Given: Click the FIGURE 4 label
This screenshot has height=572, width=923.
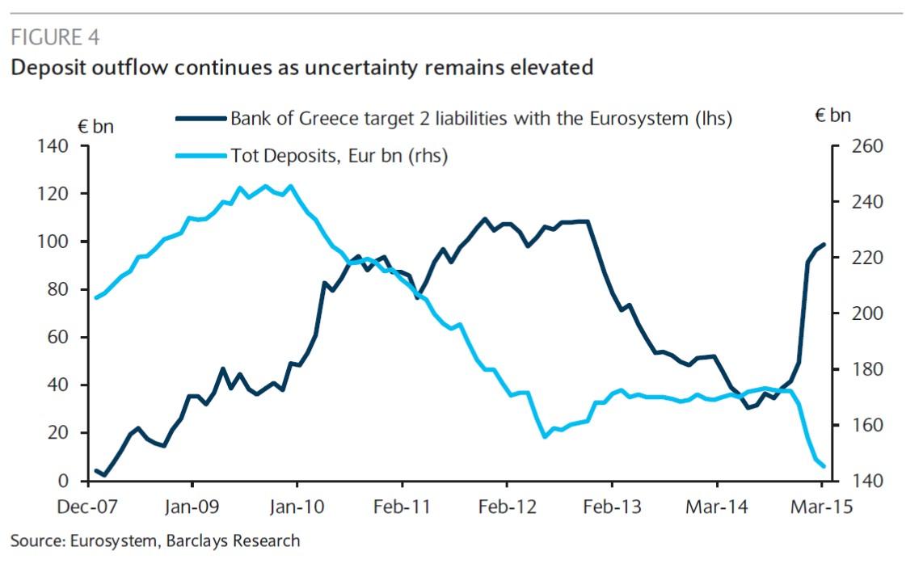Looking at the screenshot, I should [56, 38].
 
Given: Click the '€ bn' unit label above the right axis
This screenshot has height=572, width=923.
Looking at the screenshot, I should [832, 116].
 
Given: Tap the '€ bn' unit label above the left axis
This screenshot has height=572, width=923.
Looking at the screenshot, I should [96, 126].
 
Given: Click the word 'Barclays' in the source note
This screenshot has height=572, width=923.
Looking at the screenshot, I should [197, 540].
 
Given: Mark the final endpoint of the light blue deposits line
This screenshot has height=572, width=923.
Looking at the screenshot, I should [824, 466].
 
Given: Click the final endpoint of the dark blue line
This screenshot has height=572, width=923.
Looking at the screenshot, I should [824, 244].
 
